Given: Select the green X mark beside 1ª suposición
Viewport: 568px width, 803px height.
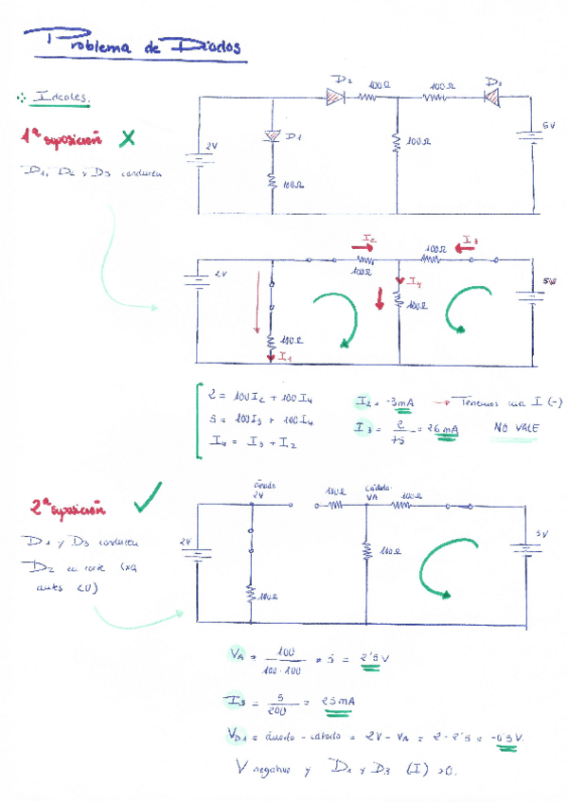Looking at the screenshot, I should (127, 139).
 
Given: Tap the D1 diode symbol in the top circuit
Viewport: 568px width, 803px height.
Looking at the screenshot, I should (273, 138).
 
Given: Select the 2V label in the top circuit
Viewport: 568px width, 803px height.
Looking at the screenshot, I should (210, 146).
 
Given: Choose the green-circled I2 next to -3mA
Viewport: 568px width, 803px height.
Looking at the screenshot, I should (365, 402).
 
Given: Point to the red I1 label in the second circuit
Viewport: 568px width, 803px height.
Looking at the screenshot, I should (285, 357).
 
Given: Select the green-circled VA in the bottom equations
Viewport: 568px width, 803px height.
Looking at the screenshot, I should (236, 653).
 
